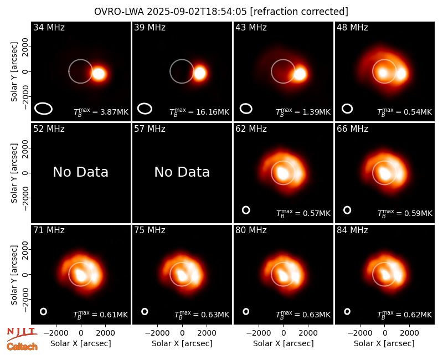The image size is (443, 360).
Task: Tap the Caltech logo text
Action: click(22, 347)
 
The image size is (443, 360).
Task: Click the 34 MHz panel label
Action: click(49, 27)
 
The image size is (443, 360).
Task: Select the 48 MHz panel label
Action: click(352, 27)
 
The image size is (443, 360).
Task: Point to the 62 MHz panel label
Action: click(251, 129)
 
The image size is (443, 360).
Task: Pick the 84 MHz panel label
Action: click(352, 230)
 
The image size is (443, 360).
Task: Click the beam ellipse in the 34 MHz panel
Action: click(44, 109)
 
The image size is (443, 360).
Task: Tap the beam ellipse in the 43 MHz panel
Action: click(246, 109)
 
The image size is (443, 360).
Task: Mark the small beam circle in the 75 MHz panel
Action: click(145, 311)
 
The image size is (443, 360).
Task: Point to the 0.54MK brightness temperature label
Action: click(418, 112)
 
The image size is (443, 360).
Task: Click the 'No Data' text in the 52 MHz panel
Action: click(81, 172)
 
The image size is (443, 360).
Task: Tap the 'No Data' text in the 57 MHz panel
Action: click(182, 172)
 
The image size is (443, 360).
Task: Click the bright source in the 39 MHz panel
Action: click(200, 73)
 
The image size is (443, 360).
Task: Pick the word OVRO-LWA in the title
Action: click(119, 12)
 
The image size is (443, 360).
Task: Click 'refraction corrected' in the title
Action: click(299, 12)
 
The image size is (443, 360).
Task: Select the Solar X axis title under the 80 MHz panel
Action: click(284, 343)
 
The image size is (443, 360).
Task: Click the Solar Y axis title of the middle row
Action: click(14, 173)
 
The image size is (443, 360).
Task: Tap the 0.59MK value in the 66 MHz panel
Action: click(418, 214)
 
